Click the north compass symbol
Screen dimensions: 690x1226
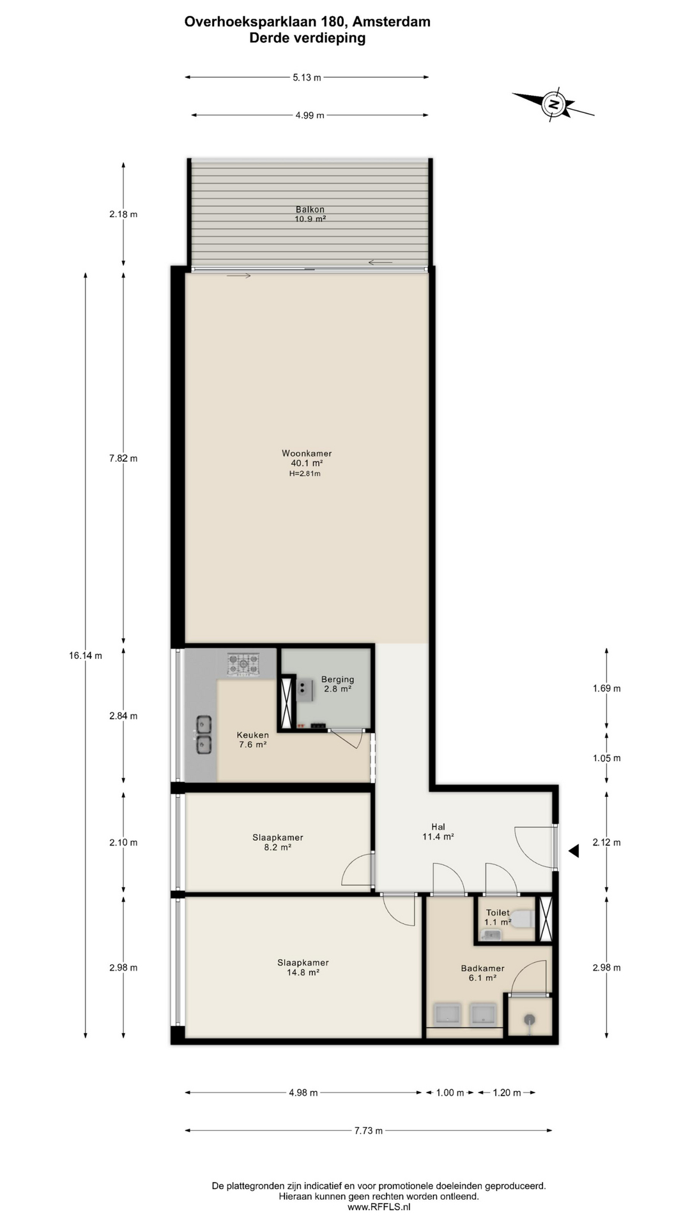tap(553, 104)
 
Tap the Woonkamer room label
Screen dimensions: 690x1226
tap(307, 453)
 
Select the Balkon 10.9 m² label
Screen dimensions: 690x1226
tap(310, 214)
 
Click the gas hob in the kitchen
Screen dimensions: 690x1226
tap(243, 663)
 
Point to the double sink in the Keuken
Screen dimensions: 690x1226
tap(204, 734)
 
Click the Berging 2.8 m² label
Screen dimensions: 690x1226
tap(337, 684)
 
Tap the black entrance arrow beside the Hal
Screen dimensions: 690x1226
tap(574, 851)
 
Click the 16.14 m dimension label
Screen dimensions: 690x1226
tap(86, 655)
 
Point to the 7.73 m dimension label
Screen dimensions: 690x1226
tap(369, 1130)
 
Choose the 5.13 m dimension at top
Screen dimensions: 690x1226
tap(307, 77)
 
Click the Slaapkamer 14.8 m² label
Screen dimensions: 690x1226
tap(303, 967)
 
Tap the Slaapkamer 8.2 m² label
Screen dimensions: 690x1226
tap(278, 842)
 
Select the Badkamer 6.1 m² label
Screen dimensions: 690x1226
tap(483, 972)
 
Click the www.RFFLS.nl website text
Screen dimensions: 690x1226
tap(379, 1206)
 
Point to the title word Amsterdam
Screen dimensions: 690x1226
tap(392, 22)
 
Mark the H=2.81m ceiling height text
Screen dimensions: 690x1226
tap(305, 474)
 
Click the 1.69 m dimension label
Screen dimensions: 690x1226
tap(606, 688)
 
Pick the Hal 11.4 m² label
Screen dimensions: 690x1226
tap(438, 831)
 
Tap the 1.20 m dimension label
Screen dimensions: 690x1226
tap(507, 1093)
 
